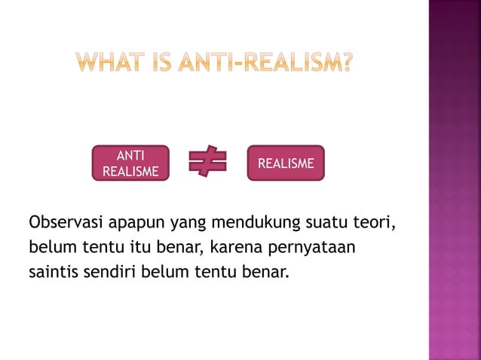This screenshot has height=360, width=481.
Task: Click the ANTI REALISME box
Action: (130, 163)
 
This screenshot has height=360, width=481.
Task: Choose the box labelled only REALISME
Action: (286, 163)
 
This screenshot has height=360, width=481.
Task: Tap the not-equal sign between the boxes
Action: (207, 163)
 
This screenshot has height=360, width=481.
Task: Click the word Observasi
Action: (65, 224)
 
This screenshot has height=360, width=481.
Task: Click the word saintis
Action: (54, 269)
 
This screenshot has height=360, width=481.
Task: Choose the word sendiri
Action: (111, 269)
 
